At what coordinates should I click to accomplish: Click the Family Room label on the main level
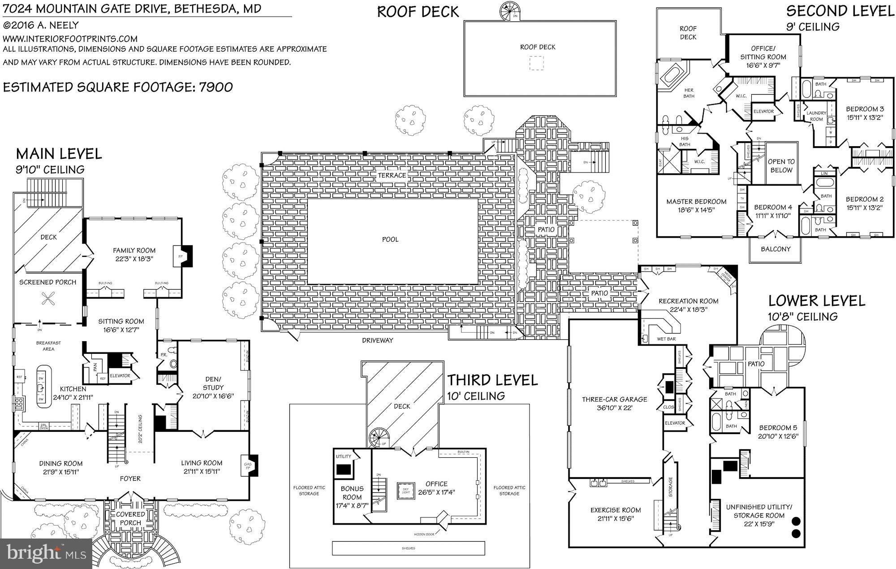click(x=134, y=251)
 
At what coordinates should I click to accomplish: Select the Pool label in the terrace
click(x=390, y=239)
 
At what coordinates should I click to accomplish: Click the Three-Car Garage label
click(x=614, y=399)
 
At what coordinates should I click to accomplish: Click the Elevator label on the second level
click(x=763, y=111)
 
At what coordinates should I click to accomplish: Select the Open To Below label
click(x=781, y=165)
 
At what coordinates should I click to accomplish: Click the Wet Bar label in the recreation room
click(x=666, y=339)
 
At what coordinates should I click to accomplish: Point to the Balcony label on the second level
click(x=775, y=249)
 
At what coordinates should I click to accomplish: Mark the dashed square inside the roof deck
click(x=537, y=63)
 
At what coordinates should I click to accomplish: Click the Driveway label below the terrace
click(x=378, y=340)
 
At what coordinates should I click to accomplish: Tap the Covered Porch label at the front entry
click(x=130, y=518)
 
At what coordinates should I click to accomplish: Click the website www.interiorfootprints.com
click(x=70, y=39)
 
